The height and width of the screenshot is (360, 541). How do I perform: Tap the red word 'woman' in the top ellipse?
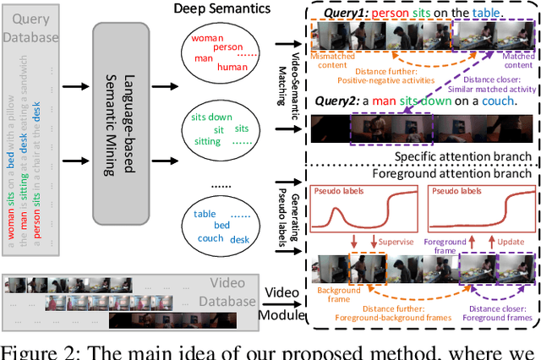pos(206,39)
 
